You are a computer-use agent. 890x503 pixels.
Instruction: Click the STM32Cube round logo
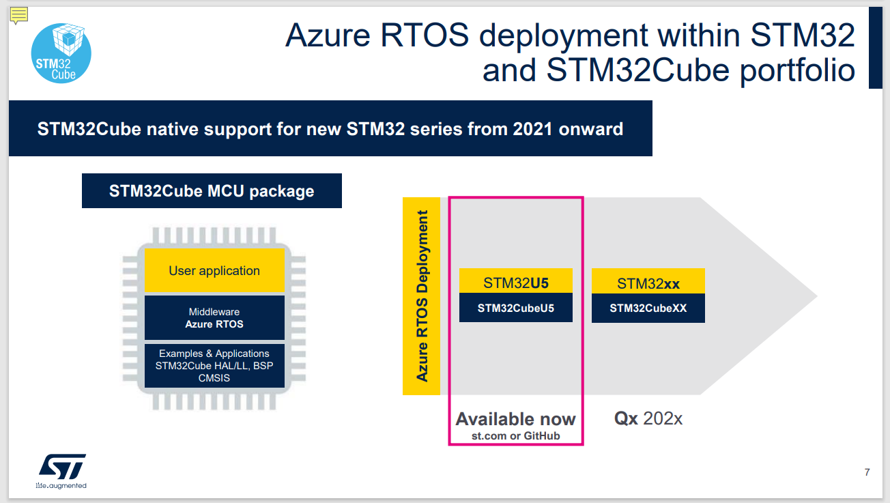[x=61, y=53]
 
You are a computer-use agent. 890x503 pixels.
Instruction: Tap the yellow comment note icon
[x=18, y=16]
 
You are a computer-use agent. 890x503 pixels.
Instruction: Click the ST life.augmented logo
[x=61, y=471]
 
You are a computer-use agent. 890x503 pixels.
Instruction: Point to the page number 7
[x=867, y=472]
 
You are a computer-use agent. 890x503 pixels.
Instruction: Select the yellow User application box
[x=214, y=270]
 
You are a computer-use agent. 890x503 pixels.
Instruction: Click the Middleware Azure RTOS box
[x=214, y=318]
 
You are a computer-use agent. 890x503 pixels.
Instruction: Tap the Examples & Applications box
[x=214, y=366]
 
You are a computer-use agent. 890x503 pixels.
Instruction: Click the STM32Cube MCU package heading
[x=212, y=190]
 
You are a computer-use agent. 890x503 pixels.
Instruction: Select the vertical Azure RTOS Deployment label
[x=422, y=296]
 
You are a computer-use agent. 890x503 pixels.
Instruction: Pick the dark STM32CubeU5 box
[x=516, y=308]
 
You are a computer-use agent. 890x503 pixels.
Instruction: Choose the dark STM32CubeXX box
[x=648, y=308]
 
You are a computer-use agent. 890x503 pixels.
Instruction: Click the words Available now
[x=516, y=419]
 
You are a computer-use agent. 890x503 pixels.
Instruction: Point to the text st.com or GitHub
[x=516, y=436]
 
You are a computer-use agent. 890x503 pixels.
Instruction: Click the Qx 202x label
[x=648, y=418]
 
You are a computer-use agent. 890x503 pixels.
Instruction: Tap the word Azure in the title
[x=328, y=35]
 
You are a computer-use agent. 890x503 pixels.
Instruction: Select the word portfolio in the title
[x=797, y=71]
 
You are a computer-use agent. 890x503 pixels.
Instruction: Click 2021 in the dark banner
[x=532, y=129]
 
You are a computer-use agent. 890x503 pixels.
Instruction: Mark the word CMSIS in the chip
[x=214, y=378]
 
